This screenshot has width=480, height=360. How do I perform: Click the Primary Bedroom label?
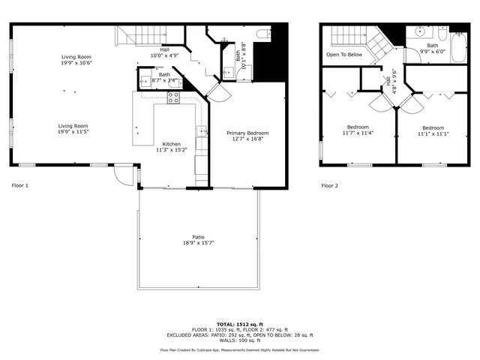tap(247, 133)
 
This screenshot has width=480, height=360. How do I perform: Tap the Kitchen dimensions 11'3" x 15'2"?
tap(171, 150)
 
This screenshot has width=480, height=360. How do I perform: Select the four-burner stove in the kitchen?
tap(173, 97)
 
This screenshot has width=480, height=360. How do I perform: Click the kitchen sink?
tap(202, 133)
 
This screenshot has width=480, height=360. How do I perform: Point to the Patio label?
tap(198, 237)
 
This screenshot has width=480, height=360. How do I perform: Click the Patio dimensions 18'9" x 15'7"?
tap(198, 243)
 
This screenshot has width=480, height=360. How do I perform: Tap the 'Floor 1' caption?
tap(20, 185)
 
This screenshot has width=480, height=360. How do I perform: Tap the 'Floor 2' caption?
tap(329, 185)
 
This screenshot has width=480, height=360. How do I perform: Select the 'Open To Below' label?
tap(344, 55)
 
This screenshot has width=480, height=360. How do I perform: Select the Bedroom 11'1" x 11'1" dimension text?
tap(433, 133)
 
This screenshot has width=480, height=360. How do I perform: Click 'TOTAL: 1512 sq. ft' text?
tap(239, 322)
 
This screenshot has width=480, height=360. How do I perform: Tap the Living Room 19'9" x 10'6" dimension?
tap(76, 63)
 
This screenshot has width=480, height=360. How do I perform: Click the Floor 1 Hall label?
tap(164, 49)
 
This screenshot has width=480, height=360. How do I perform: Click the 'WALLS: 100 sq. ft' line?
tap(239, 340)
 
